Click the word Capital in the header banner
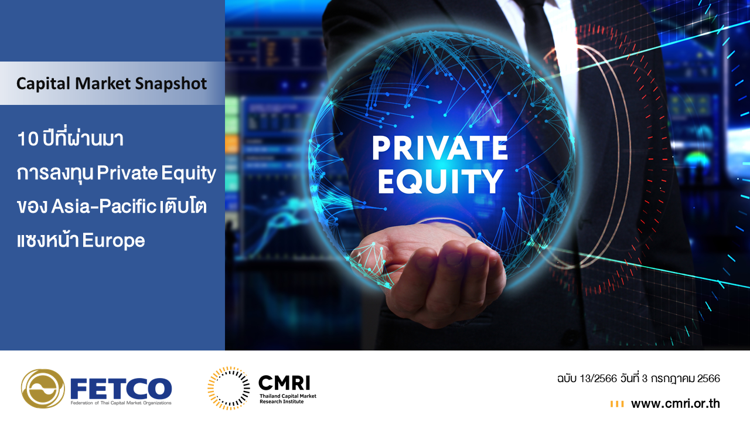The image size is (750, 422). point(43,84)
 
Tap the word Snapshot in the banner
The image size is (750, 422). point(171,84)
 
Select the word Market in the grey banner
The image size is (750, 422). point(103,83)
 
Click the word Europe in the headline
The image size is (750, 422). point(114,241)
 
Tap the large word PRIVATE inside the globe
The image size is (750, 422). point(440,148)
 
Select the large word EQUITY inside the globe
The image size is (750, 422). point(440,181)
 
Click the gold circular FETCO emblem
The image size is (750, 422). point(43,389)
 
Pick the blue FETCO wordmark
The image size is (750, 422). point(121,388)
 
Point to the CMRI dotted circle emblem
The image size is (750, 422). point(229,388)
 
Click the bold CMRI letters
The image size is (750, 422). point(285,383)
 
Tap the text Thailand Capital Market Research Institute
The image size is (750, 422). point(288,399)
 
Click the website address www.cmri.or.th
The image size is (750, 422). point(676,404)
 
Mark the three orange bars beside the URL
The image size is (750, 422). point(617,404)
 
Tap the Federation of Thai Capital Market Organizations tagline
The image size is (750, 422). point(121,403)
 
